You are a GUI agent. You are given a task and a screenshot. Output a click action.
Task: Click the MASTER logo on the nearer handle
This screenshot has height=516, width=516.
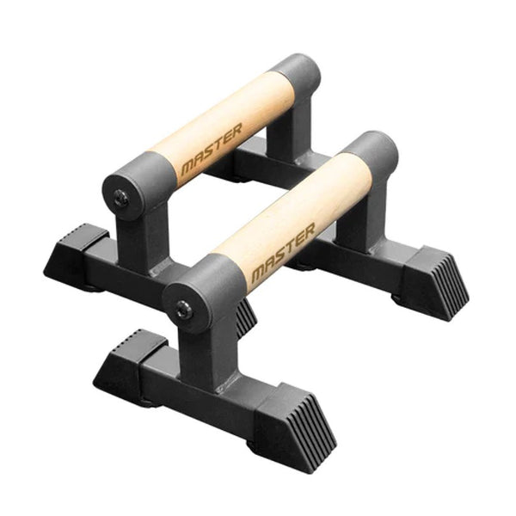click(283, 254)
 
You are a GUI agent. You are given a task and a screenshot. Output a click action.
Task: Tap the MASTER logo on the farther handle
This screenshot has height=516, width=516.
click(212, 152)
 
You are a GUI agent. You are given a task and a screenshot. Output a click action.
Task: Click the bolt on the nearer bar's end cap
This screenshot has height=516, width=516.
click(183, 310)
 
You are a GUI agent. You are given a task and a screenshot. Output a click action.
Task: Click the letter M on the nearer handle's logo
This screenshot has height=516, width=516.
click(257, 274)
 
